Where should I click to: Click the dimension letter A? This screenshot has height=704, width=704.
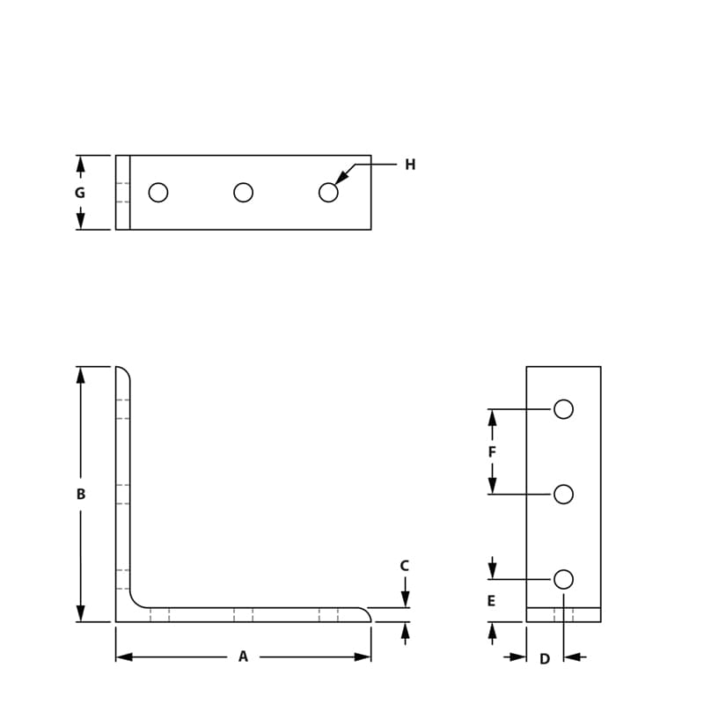click(244, 656)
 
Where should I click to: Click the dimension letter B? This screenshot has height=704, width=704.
click(81, 495)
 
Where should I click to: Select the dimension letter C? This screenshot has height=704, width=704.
click(405, 566)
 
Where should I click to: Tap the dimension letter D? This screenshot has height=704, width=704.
click(545, 659)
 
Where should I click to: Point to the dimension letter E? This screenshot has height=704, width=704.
click(491, 602)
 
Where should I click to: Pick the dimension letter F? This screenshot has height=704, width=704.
click(492, 452)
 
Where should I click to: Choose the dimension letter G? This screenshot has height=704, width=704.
click(80, 193)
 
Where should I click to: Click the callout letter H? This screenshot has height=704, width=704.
click(410, 165)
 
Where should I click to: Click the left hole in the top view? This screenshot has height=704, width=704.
click(158, 192)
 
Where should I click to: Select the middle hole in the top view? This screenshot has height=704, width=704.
click(244, 192)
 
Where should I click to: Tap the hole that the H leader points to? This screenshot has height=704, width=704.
click(328, 192)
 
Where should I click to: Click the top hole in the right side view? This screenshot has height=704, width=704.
click(564, 409)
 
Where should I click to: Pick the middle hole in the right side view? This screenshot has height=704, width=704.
click(564, 495)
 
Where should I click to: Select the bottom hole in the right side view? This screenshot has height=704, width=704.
click(564, 579)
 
